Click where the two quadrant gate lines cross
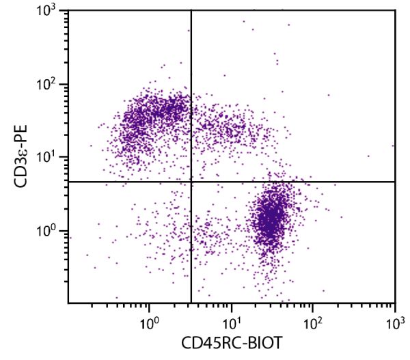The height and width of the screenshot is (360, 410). [191, 182]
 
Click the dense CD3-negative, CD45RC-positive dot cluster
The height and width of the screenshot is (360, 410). [272, 222]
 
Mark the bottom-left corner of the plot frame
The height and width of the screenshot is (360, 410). [68, 303]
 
